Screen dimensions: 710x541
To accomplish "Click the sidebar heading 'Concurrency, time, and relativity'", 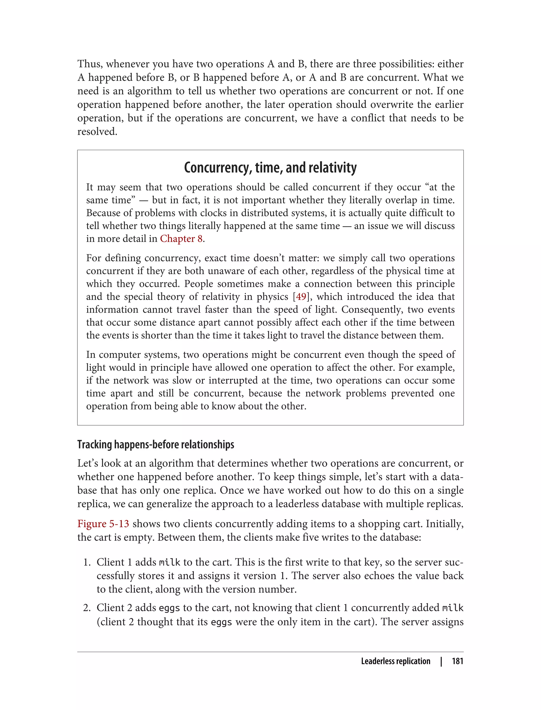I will [270, 168].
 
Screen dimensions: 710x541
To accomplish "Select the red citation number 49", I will [301, 297].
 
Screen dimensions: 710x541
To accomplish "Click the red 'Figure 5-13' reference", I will [103, 524].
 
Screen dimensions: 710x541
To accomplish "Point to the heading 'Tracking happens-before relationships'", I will [156, 445].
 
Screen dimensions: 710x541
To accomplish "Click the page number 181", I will [457, 661].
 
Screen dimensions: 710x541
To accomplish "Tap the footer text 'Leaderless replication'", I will [395, 661].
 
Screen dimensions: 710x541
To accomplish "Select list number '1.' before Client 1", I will [87, 563].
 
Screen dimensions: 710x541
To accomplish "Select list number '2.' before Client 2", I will [87, 608].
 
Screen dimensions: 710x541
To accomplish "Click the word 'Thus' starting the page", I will [90, 64].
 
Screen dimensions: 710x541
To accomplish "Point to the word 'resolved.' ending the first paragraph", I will [97, 132].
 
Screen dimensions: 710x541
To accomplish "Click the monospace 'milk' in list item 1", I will [170, 563].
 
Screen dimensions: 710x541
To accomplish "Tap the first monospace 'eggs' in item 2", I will [169, 608].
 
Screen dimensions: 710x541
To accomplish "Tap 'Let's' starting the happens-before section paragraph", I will [88, 463].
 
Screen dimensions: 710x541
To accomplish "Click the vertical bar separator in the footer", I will [441, 661].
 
